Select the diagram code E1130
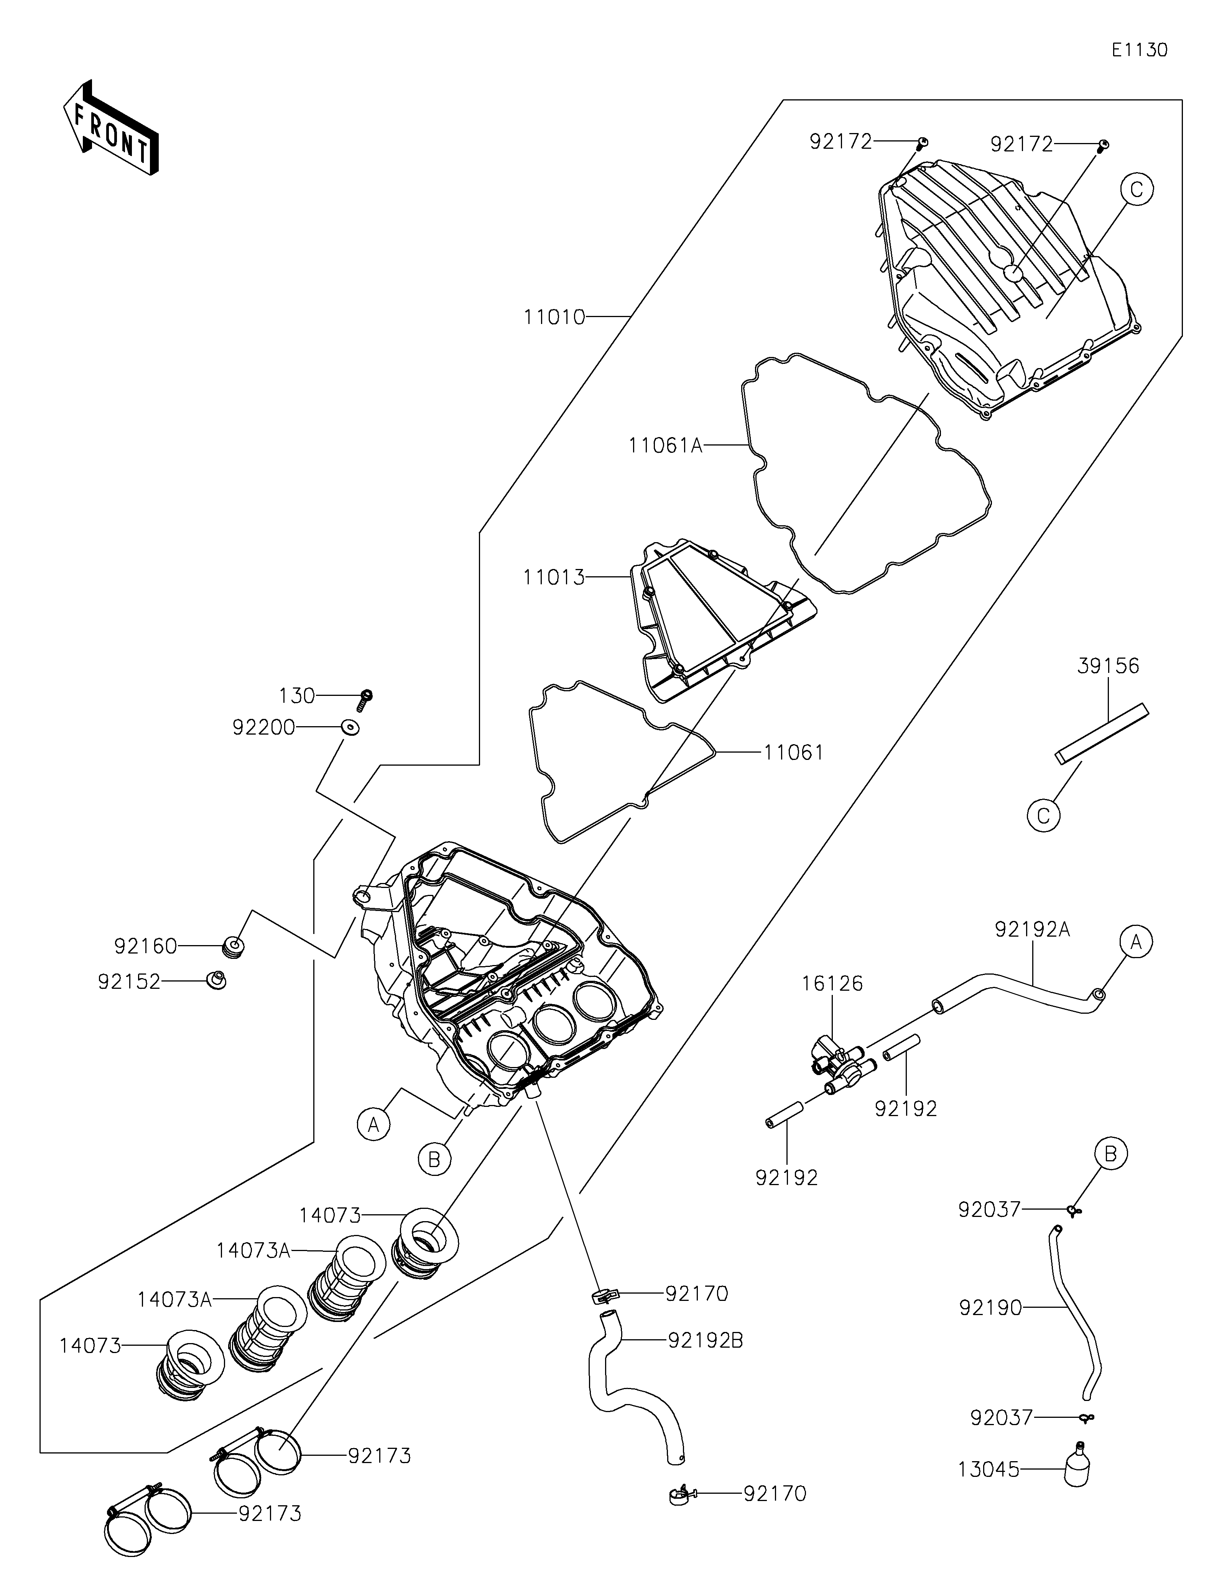coord(1139,50)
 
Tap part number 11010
coord(554,317)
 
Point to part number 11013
coord(554,578)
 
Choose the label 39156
coord(1108,666)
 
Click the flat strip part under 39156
coord(1102,733)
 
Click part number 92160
coord(145,946)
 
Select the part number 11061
coord(794,753)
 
